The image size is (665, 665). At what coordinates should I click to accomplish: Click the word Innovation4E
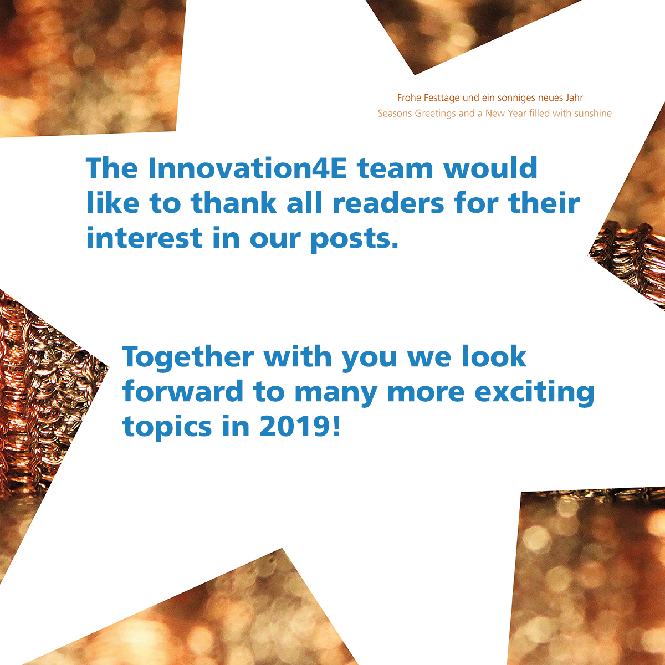247,168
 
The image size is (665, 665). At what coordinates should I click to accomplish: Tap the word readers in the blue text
389,203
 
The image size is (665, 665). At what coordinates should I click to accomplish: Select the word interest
144,238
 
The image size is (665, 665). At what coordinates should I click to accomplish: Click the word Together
188,358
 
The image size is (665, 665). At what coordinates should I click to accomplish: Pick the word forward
183,391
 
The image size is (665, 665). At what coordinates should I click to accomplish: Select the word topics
167,428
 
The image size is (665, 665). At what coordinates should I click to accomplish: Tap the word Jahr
574,98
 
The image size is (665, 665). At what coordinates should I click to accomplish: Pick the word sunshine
593,114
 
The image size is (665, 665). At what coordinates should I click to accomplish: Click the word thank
234,203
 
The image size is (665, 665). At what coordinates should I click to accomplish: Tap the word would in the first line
490,168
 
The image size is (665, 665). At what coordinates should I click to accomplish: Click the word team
395,169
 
